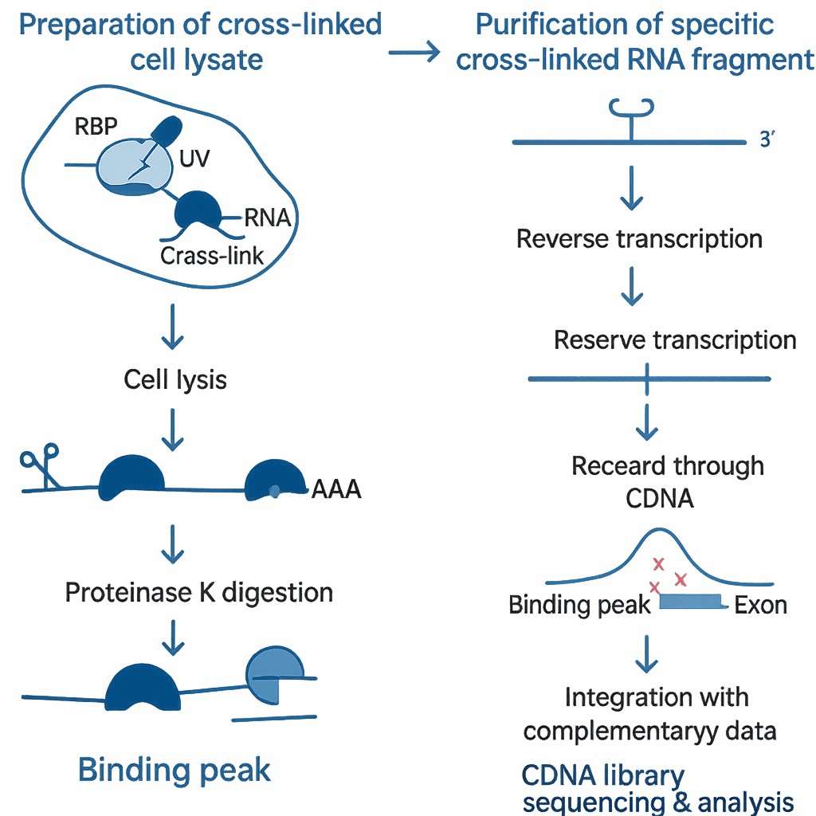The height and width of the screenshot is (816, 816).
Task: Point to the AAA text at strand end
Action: pyautogui.click(x=335, y=488)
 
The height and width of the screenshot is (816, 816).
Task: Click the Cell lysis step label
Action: pyautogui.click(x=175, y=379)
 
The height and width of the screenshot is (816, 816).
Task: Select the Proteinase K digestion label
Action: pyautogui.click(x=198, y=592)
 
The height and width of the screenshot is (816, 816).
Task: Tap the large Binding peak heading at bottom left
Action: pyautogui.click(x=175, y=770)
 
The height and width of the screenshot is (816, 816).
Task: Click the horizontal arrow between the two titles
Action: pyautogui.click(x=414, y=54)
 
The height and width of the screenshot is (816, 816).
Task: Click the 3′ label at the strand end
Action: pyautogui.click(x=768, y=142)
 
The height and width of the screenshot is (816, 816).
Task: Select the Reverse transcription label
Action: pyautogui.click(x=639, y=238)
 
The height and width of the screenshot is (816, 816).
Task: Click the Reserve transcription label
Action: pyautogui.click(x=674, y=340)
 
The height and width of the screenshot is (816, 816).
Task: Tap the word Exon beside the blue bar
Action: pyautogui.click(x=760, y=605)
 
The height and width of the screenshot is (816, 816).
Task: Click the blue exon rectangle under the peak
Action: pyautogui.click(x=690, y=602)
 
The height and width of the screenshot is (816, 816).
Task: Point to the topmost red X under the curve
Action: pyautogui.click(x=659, y=564)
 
